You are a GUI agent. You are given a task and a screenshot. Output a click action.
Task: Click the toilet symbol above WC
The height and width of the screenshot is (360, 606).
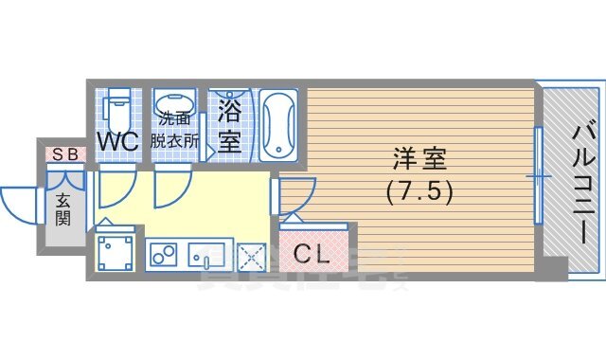click(x=117, y=107)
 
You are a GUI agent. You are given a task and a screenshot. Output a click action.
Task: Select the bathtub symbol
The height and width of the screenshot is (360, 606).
click(x=278, y=124)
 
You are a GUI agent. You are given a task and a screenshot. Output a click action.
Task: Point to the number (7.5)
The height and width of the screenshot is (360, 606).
click(x=418, y=190)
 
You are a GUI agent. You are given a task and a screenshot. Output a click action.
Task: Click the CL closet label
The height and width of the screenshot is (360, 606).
click(x=310, y=254)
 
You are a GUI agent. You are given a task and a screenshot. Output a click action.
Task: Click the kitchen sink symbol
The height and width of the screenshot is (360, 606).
click(x=205, y=254)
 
